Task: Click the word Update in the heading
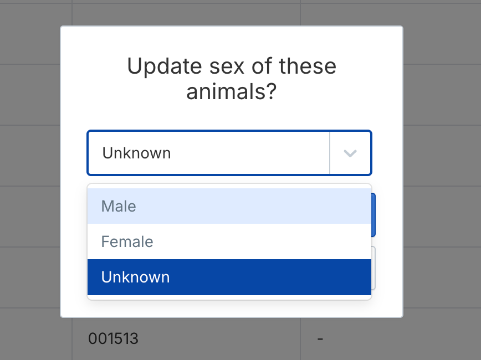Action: click(x=165, y=66)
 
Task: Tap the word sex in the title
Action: click(x=227, y=68)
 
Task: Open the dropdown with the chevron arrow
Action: click(x=350, y=153)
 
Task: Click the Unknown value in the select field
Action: click(x=136, y=153)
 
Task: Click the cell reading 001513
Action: click(x=113, y=338)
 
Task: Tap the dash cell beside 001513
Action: click(x=320, y=339)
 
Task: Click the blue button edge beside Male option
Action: click(x=373, y=215)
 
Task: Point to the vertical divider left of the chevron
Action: click(x=330, y=153)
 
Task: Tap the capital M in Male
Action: click(x=108, y=206)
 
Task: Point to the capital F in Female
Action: click(x=105, y=241)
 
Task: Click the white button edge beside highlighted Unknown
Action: click(x=373, y=268)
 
